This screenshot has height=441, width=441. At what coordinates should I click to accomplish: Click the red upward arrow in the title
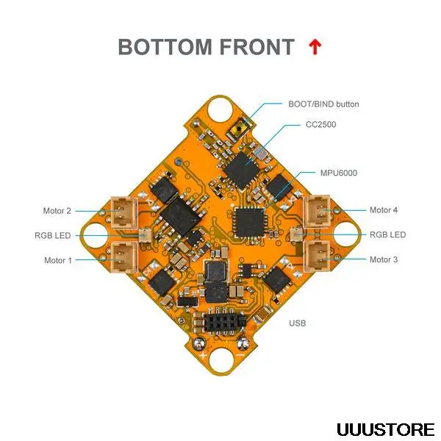[x=315, y=47]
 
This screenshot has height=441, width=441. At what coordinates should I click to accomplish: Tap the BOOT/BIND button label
[x=323, y=104]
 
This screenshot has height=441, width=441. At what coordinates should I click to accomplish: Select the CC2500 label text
[x=320, y=125]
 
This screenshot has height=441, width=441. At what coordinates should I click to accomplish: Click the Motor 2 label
[x=57, y=210]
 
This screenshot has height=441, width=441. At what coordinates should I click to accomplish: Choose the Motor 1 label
[x=58, y=260]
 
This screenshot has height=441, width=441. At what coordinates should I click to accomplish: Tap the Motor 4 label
[x=383, y=210]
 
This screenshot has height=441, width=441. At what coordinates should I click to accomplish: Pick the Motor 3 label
[x=383, y=259]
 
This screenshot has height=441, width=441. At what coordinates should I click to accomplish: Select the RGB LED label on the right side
[x=387, y=235]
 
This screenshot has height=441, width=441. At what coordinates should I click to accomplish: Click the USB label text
[x=298, y=323]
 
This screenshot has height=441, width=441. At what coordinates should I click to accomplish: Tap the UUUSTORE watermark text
[x=385, y=429]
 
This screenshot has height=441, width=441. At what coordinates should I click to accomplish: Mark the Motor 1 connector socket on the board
[x=122, y=256]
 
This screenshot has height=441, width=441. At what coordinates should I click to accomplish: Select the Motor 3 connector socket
[x=319, y=256]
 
